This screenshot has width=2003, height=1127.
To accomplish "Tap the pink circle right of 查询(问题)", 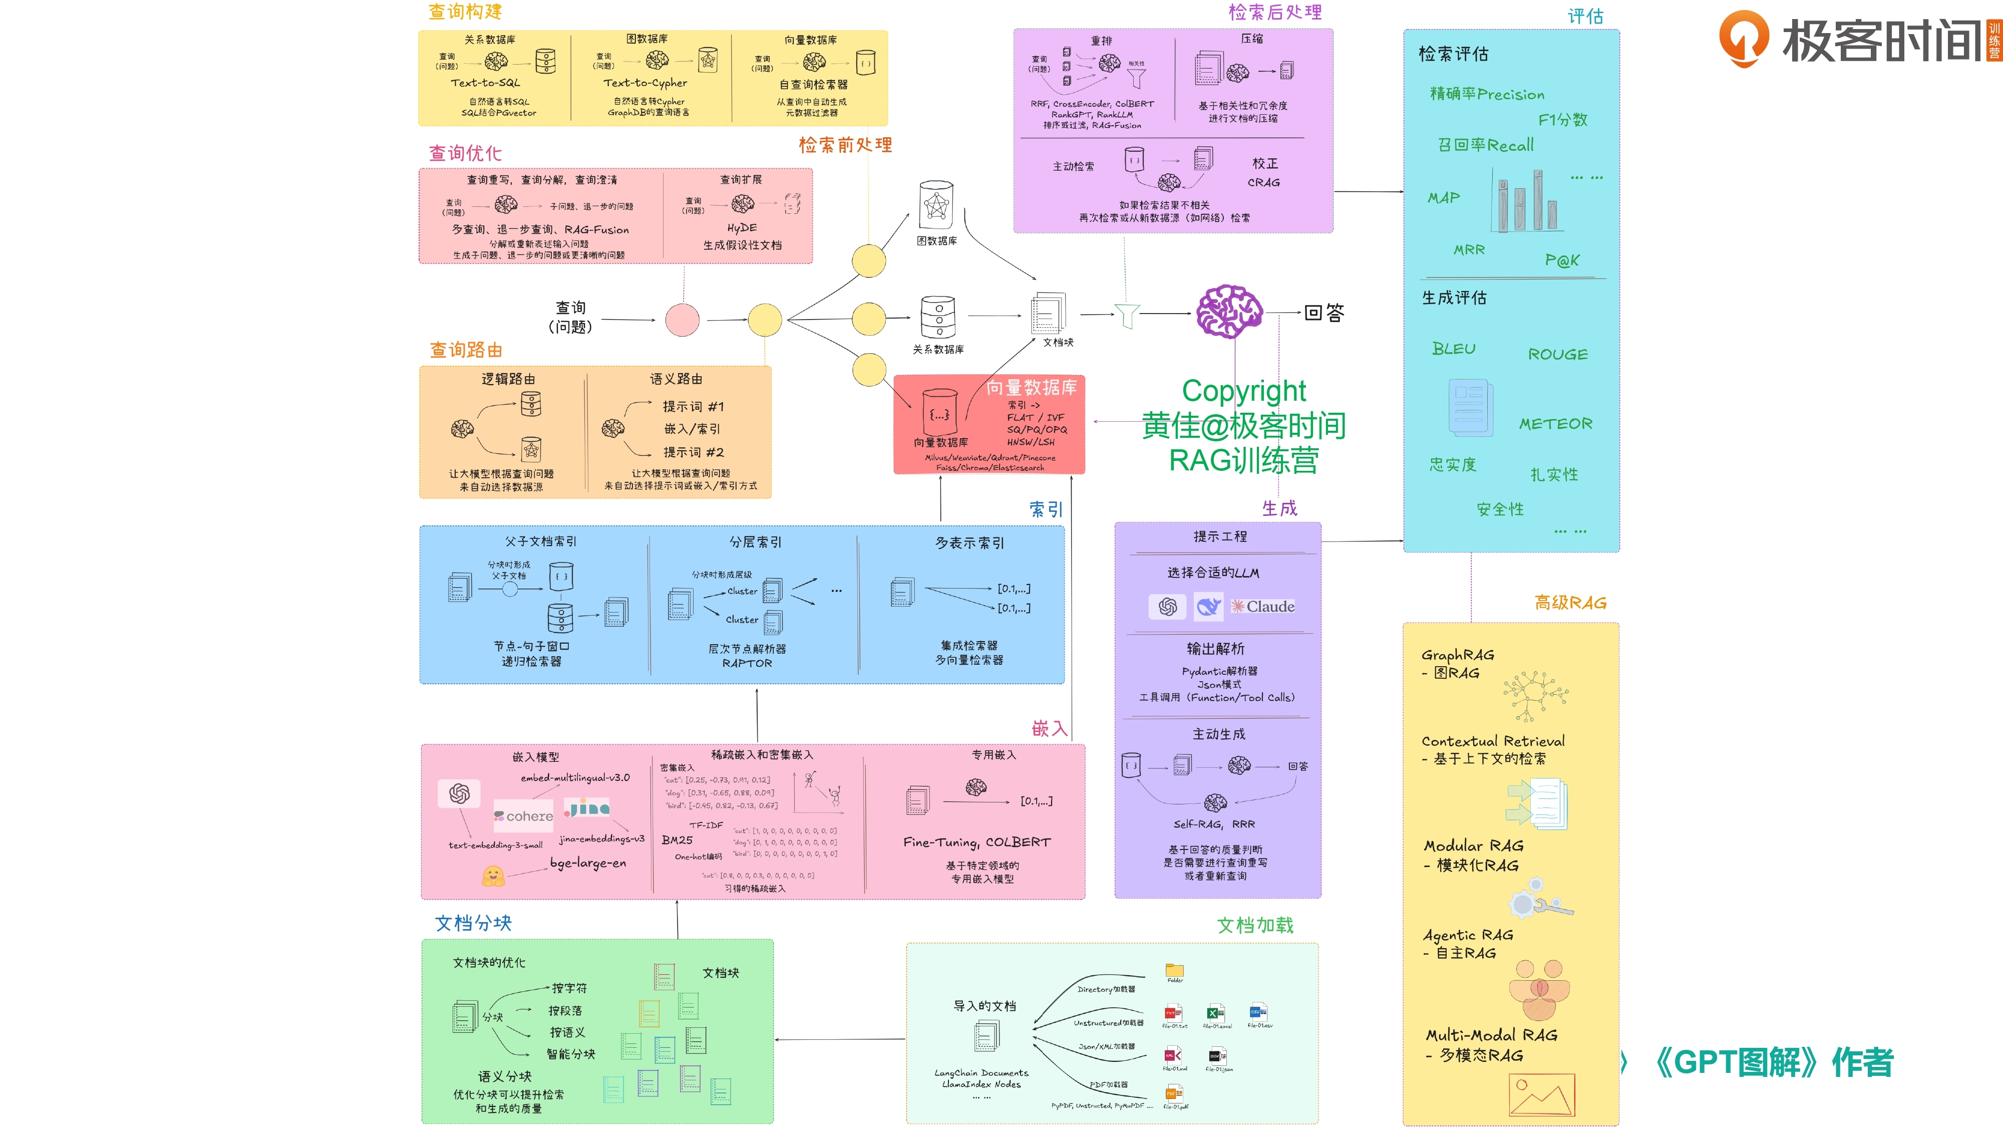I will point(682,320).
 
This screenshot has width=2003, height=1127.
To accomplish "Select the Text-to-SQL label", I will point(485,83).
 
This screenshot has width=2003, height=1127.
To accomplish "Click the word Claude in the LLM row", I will point(1270,607).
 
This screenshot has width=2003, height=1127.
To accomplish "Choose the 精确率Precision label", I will point(1487,94).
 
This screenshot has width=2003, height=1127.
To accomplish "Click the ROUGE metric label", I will point(1557,355).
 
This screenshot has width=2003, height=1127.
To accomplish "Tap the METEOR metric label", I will point(1555,424).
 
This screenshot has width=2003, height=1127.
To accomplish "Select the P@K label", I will point(1561,260).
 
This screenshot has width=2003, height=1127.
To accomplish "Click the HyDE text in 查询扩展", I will point(741,228).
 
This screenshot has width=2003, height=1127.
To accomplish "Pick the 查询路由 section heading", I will point(466,350).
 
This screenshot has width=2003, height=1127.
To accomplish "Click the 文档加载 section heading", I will point(1255,925).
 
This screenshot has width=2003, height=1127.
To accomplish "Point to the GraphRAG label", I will point(1457,655).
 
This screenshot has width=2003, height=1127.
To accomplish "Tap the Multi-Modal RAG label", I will point(1491,1035).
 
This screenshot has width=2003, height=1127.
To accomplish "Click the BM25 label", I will point(677,840).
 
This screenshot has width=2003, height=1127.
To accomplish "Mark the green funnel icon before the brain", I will point(1127,315).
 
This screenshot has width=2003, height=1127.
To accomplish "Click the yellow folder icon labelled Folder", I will point(1174,970).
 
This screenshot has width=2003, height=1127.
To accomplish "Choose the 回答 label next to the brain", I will point(1323,313).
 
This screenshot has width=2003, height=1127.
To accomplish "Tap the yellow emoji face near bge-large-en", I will point(493,877).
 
